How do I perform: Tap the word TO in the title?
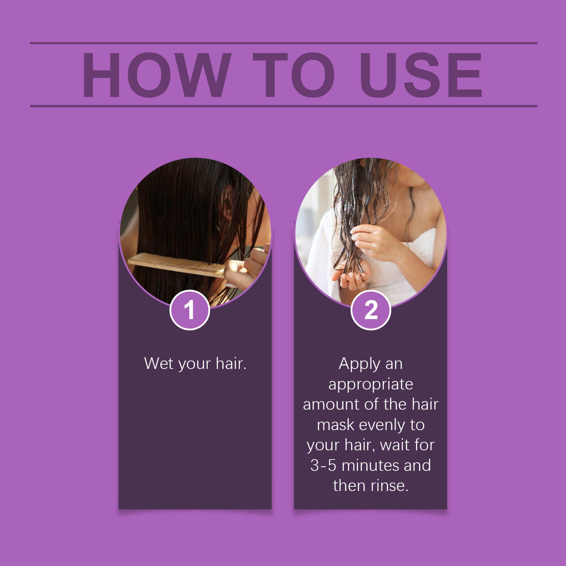(294, 75)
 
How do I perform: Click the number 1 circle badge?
(190, 310)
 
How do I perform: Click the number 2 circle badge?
(371, 310)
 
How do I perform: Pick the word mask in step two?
(335, 424)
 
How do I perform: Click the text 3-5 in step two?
(323, 465)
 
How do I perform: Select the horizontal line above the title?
(284, 43)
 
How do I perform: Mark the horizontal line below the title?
(284, 106)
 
